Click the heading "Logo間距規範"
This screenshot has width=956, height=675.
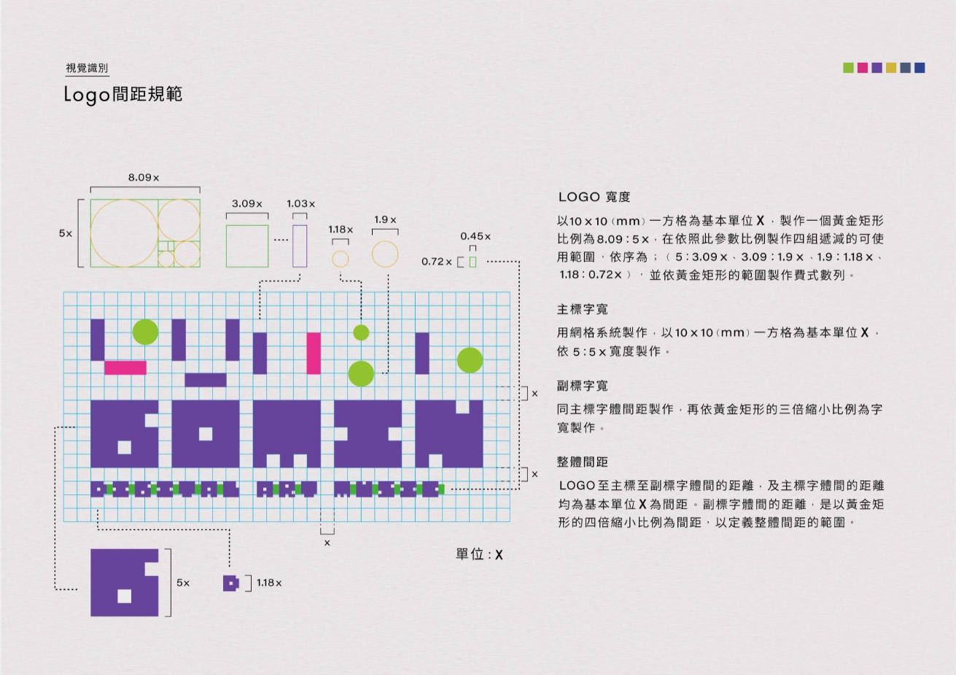tap(123, 95)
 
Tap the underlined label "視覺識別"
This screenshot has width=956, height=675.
tap(87, 68)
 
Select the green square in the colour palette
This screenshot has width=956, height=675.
tap(848, 68)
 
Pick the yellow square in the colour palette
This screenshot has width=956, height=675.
tap(891, 68)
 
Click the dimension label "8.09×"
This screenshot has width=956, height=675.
tap(144, 177)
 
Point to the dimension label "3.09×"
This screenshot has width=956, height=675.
tap(246, 203)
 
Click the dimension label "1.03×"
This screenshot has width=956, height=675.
tap(300, 203)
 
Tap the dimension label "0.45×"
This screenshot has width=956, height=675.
tap(475, 236)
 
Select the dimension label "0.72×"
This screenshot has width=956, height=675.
tap(436, 261)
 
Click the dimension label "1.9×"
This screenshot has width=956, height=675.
tap(385, 219)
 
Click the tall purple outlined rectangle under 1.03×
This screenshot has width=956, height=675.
tap(300, 246)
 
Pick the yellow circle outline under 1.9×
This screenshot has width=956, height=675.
tap(385, 254)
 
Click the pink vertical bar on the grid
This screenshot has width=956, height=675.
tap(314, 354)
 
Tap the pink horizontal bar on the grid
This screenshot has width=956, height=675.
tap(125, 367)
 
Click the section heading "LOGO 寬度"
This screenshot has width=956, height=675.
tap(594, 197)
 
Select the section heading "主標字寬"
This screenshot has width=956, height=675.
tap(582, 309)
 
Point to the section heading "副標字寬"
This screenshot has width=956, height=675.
tap(582, 386)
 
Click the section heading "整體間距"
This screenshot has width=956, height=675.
tap(582, 461)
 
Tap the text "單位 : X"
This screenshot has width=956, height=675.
tap(479, 555)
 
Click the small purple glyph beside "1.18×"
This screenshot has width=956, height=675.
tap(230, 583)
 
